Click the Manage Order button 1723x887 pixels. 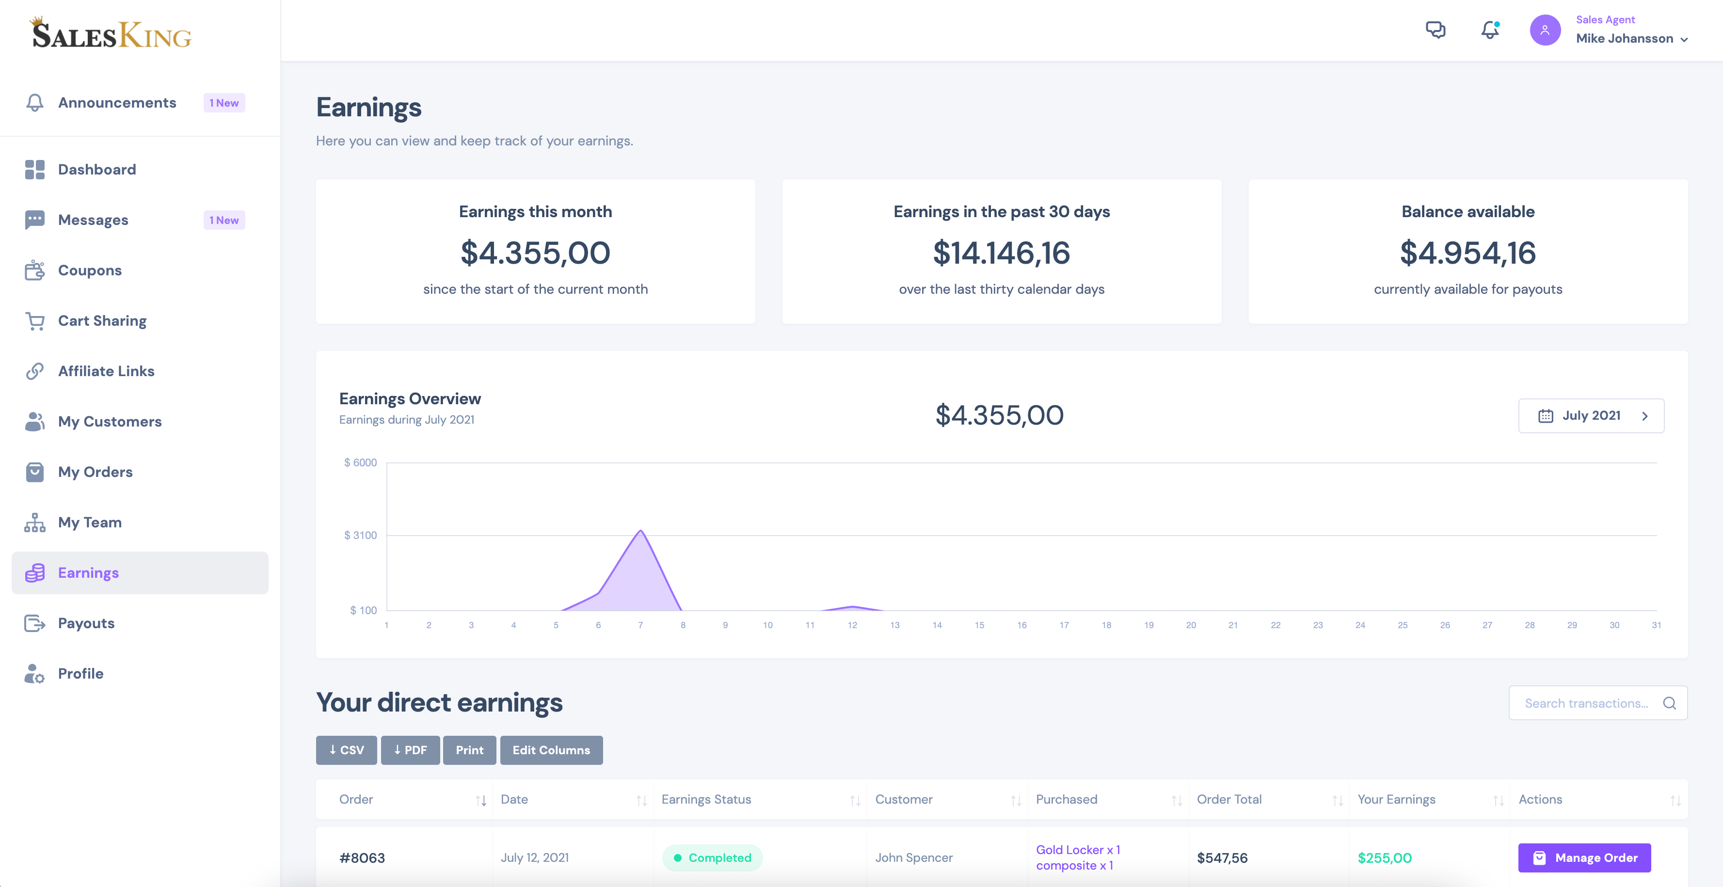click(x=1583, y=857)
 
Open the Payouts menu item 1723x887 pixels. click(x=86, y=623)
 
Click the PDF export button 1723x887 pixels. click(x=410, y=750)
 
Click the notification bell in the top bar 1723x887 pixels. click(x=1489, y=30)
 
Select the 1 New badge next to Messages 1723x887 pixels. click(x=223, y=220)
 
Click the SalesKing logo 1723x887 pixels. click(x=111, y=33)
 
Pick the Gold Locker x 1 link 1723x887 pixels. click(x=1077, y=850)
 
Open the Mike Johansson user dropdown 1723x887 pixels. click(x=1631, y=38)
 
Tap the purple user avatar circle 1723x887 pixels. click(x=1545, y=30)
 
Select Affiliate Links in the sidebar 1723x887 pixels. click(x=106, y=371)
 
